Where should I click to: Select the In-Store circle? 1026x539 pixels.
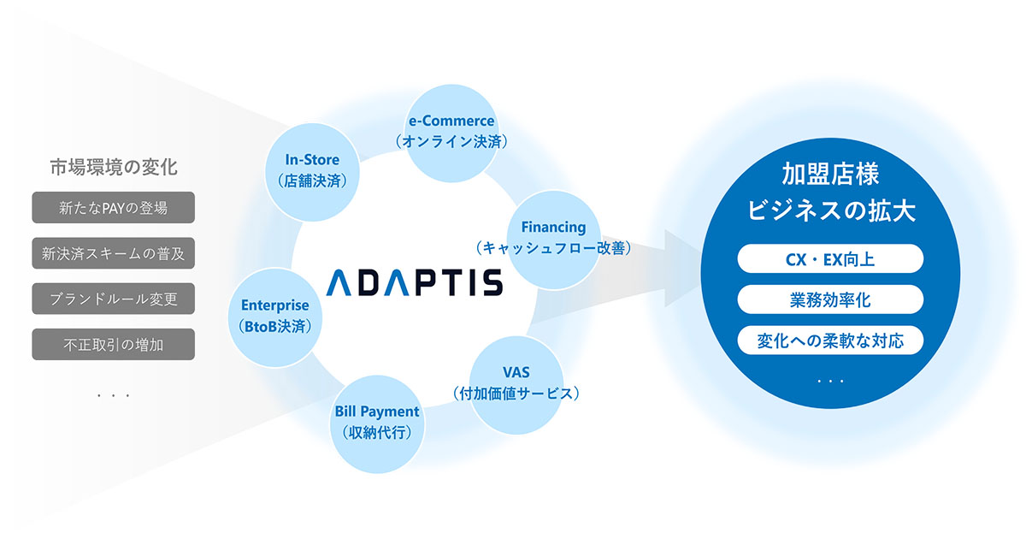click(x=312, y=169)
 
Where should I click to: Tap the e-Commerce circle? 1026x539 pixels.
click(x=451, y=131)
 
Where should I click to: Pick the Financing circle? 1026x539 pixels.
click(x=553, y=237)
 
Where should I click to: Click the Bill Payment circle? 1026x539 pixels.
click(x=376, y=422)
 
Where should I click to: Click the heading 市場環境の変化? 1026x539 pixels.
click(x=113, y=167)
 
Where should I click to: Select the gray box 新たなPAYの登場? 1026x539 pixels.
click(x=113, y=207)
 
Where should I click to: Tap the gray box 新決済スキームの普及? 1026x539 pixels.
click(x=113, y=253)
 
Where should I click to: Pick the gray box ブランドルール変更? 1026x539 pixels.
click(x=113, y=299)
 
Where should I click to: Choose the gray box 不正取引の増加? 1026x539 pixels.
click(x=113, y=345)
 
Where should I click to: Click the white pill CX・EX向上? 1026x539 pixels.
click(x=830, y=258)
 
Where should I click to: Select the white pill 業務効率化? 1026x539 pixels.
click(x=830, y=299)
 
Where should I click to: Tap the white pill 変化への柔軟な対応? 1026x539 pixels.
click(x=830, y=341)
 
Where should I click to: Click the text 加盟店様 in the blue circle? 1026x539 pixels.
click(x=830, y=175)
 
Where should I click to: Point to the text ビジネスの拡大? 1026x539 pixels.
click(x=830, y=211)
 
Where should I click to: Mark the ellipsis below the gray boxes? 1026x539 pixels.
click(x=113, y=396)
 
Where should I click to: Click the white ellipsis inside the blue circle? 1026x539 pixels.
click(x=830, y=379)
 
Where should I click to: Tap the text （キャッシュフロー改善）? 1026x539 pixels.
click(x=553, y=248)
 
